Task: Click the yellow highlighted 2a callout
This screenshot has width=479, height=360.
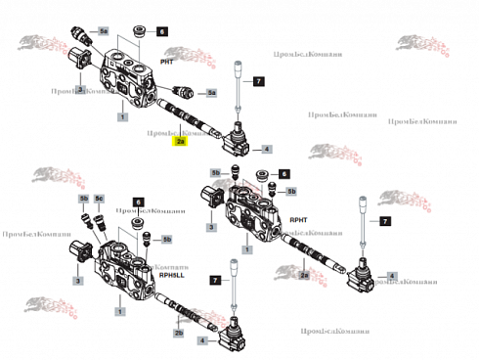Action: pyautogui.click(x=180, y=141)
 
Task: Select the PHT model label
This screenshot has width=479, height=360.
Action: pyautogui.click(x=167, y=62)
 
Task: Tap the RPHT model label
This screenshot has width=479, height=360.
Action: pyautogui.click(x=298, y=220)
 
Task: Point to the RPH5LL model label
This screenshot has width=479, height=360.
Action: pyautogui.click(x=172, y=276)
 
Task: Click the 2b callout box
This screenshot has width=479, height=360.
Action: pyautogui.click(x=178, y=333)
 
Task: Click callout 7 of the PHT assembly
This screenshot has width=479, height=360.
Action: pyautogui.click(x=258, y=79)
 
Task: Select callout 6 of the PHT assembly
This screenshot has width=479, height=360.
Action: pyautogui.click(x=162, y=31)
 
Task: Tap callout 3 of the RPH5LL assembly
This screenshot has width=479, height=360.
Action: pyautogui.click(x=79, y=280)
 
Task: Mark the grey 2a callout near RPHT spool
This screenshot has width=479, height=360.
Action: pyautogui.click(x=304, y=276)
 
